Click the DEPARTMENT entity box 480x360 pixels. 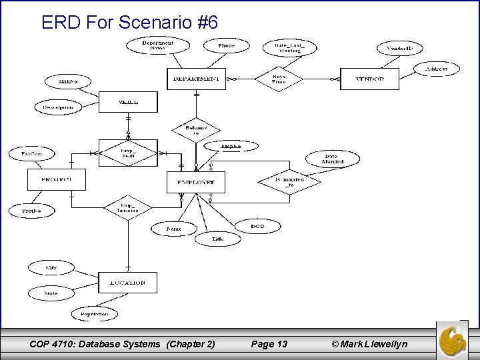(x=196, y=79)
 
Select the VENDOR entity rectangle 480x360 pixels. (x=370, y=79)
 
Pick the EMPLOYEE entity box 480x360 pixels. (x=195, y=182)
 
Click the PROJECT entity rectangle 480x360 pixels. (x=57, y=179)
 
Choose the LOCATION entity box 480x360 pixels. (x=127, y=283)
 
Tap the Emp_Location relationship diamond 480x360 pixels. (x=127, y=208)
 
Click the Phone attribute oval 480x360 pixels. (x=227, y=46)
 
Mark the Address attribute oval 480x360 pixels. (x=436, y=69)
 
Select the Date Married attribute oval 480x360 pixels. (x=333, y=159)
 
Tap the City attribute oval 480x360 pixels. (x=51, y=267)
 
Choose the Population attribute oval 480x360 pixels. (x=95, y=313)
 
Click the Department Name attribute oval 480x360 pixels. (x=157, y=46)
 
